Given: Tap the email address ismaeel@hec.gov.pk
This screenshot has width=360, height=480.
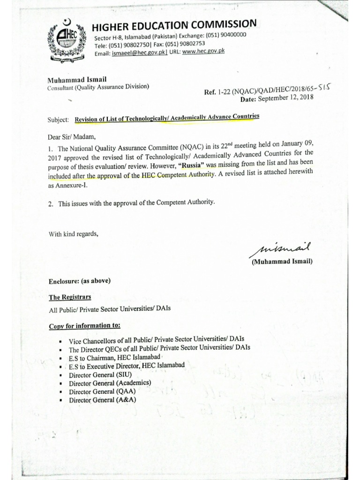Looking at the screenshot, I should (x=139, y=53).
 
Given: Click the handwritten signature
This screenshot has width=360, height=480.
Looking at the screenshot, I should (x=281, y=249).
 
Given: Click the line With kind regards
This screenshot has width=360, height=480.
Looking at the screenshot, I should (x=74, y=233).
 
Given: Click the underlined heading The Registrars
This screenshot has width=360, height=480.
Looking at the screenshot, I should (x=70, y=297).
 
